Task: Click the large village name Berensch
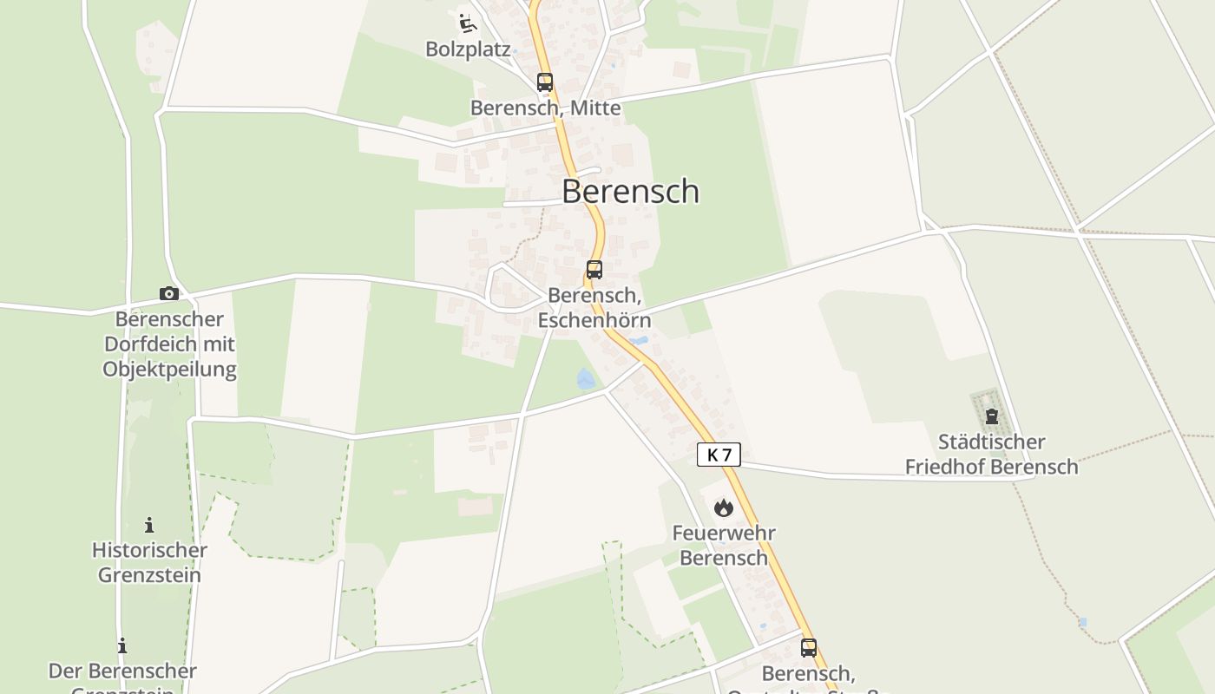coord(630,191)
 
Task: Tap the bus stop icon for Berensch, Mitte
coord(545,82)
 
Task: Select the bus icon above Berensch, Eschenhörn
coord(594,269)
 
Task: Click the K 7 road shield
coord(719,455)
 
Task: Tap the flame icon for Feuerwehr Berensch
coord(724,507)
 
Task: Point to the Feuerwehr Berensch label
coord(724,545)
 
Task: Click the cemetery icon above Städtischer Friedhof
coord(992,417)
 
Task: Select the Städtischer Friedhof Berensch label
coord(991,455)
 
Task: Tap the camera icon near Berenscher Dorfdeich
coord(169,294)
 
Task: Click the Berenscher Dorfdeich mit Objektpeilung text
coord(169,344)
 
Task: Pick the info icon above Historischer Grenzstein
coord(149,525)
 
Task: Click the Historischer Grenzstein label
coord(149,562)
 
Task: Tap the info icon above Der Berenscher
coord(122,645)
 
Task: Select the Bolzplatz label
coord(468,49)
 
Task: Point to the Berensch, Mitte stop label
coord(545,108)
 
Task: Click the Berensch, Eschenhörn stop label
coord(594,308)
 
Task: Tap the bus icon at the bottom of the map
coord(809,647)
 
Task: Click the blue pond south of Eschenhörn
coord(586,379)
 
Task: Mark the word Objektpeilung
coord(169,369)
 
